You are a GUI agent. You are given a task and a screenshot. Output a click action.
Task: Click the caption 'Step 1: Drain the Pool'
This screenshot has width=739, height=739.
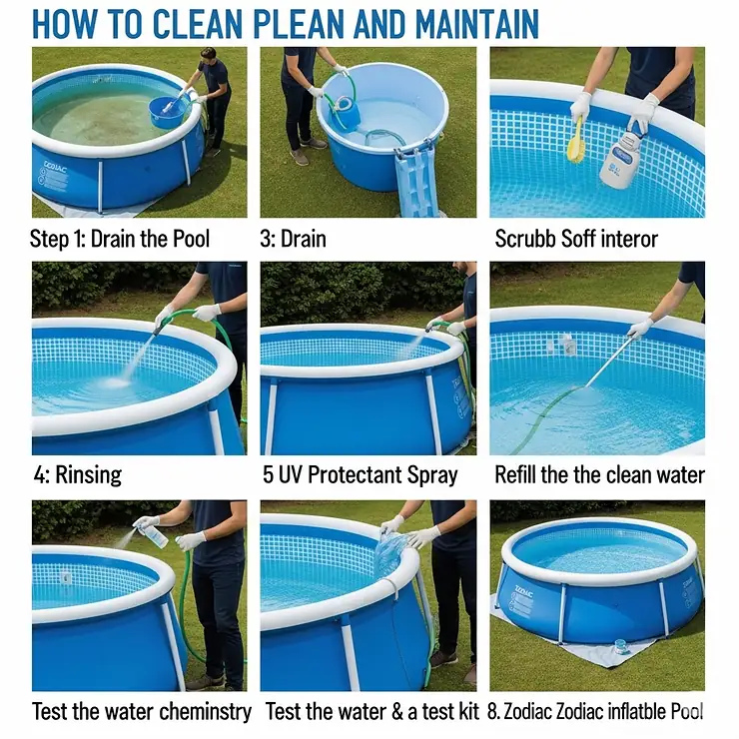coord(119,240)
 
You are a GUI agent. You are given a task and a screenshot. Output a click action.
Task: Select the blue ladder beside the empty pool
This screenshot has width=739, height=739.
coord(416,181)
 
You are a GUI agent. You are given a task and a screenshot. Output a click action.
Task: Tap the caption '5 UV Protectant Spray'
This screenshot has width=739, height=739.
coord(361,474)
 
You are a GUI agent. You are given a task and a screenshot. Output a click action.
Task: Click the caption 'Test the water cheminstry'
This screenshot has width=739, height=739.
coord(141,711)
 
